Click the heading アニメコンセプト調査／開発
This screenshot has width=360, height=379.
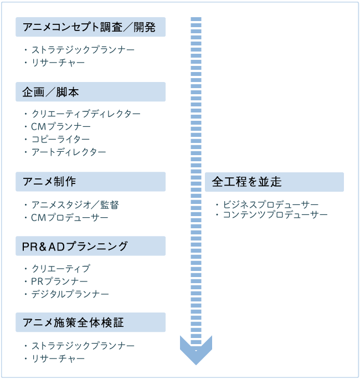[90, 27]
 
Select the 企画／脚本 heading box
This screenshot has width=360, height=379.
[90, 92]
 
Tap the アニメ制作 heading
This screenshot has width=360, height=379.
[90, 182]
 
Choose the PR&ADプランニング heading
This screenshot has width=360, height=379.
[90, 246]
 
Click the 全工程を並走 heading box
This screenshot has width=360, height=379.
[274, 182]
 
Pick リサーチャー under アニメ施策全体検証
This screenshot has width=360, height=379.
[58, 358]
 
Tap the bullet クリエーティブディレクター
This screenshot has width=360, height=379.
[86, 114]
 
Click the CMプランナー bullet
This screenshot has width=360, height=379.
[61, 126]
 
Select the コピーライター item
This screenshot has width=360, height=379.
[60, 139]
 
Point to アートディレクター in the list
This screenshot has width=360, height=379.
[69, 152]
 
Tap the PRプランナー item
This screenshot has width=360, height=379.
[60, 281]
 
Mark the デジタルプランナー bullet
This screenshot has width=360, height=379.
[70, 294]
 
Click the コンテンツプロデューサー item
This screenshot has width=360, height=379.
[275, 214]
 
